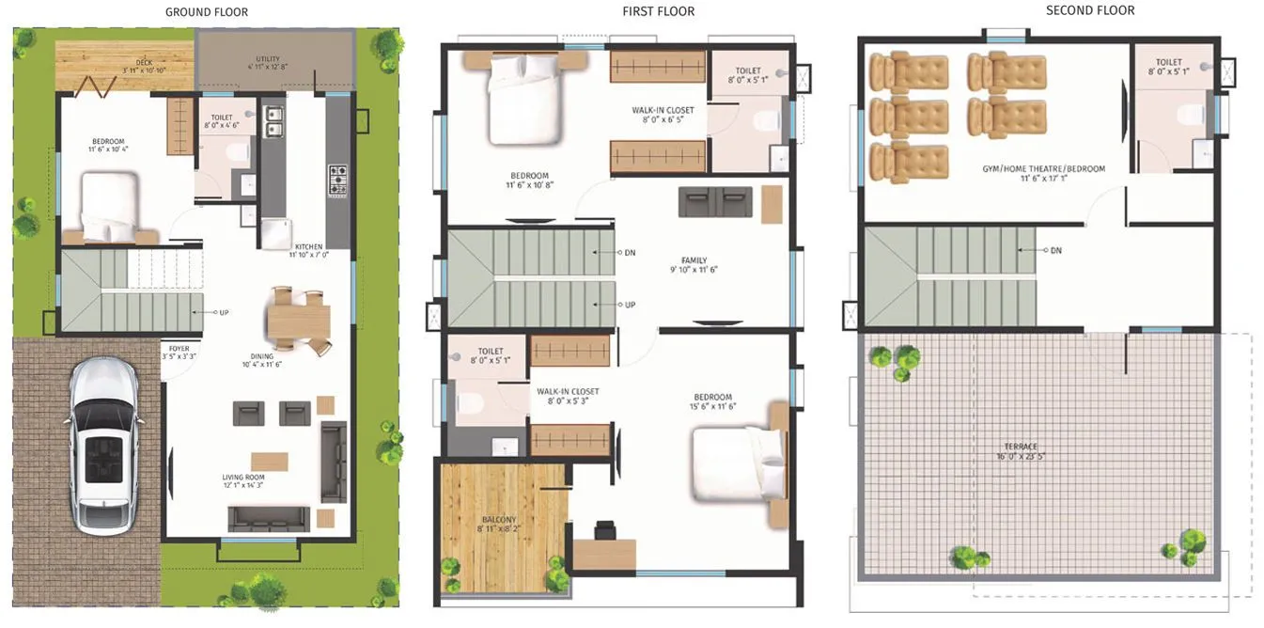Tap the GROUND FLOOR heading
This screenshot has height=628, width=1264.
(207, 12)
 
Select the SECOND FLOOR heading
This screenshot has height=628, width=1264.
(1090, 10)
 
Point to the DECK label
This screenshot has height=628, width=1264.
(144, 63)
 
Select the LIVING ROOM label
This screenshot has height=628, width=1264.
(243, 478)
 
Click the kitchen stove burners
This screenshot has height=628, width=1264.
(337, 180)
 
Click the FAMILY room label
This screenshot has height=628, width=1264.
(694, 260)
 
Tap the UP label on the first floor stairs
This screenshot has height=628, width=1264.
(631, 305)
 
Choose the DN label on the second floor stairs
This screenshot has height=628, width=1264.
(1055, 250)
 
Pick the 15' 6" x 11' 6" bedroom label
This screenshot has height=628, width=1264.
(713, 397)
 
